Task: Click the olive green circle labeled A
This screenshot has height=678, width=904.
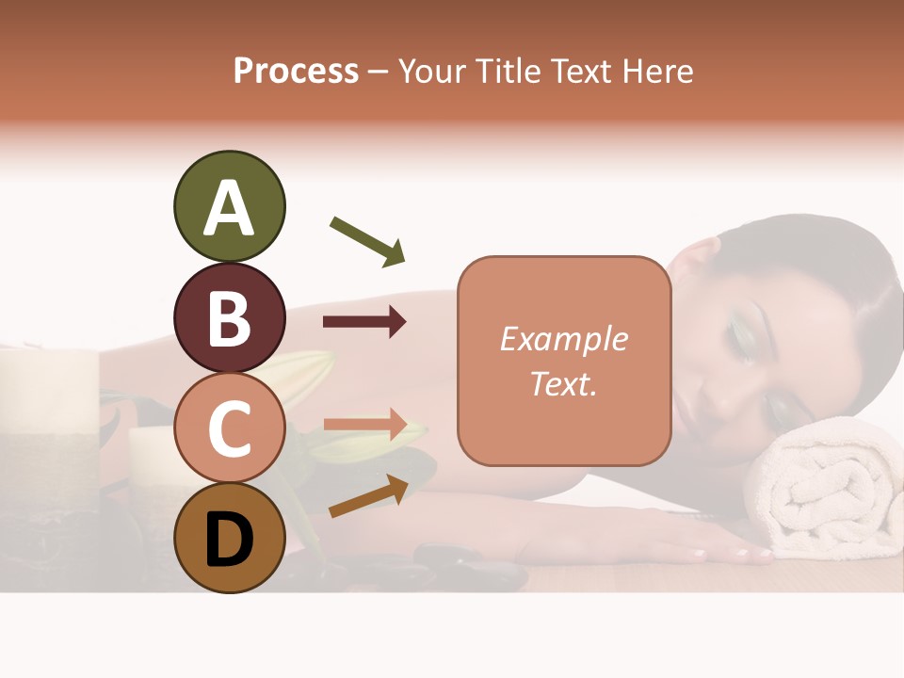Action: [x=229, y=207]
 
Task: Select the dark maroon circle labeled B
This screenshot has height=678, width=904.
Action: [x=229, y=318]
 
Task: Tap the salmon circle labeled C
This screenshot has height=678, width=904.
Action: [x=229, y=428]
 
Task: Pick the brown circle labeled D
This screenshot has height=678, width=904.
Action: [x=229, y=539]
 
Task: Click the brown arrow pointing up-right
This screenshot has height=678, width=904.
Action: [x=368, y=496]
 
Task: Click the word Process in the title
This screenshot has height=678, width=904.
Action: [x=296, y=71]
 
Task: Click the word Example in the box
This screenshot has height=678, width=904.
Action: [x=563, y=339]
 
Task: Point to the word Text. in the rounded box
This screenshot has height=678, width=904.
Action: [x=563, y=383]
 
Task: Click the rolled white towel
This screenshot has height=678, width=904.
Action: [x=829, y=490]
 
